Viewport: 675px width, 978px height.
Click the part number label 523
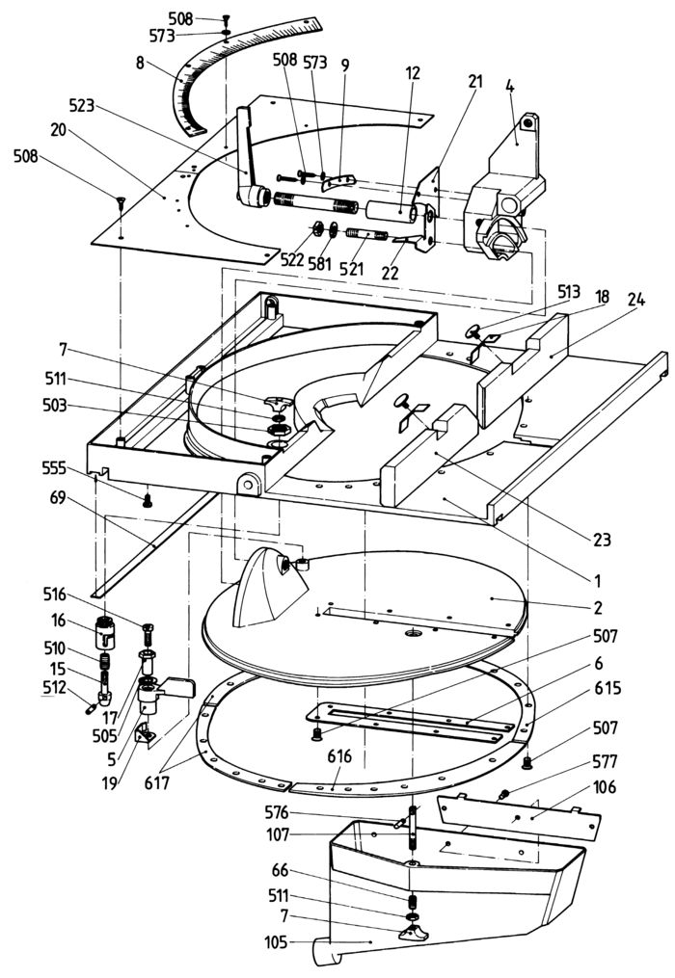pos(82,106)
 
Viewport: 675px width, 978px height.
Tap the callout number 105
pos(275,941)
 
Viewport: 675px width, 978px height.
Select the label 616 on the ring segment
pos(339,756)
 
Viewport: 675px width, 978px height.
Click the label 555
pos(55,467)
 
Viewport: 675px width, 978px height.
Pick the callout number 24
pos(636,300)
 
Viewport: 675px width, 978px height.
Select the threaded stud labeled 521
pos(366,236)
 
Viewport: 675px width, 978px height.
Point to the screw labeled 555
pos(148,500)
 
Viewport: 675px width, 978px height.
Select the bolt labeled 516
pos(148,635)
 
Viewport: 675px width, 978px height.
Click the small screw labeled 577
pos(503,795)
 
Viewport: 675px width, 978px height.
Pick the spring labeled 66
pos(412,902)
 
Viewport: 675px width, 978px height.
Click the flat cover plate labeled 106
pos(518,816)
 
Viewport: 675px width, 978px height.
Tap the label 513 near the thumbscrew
pos(569,291)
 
